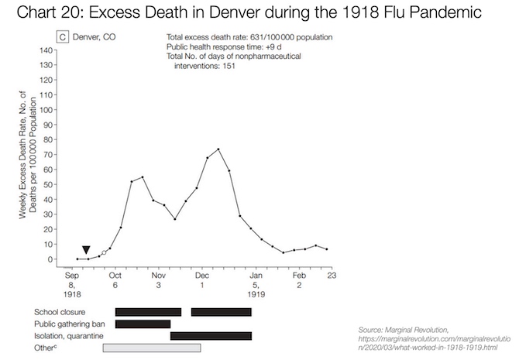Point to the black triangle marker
tap(86, 250)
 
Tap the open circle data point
tap(104, 253)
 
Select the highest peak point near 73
tap(218, 149)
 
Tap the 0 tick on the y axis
tap(49, 259)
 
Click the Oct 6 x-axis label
tap(115, 279)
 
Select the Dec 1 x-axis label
tap(202, 279)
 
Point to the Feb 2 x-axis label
tap(299, 279)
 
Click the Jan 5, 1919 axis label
tap(256, 284)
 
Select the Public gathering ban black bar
tap(143, 324)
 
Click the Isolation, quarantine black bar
tap(211, 335)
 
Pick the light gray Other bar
tap(152, 348)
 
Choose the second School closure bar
tap(221, 312)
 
